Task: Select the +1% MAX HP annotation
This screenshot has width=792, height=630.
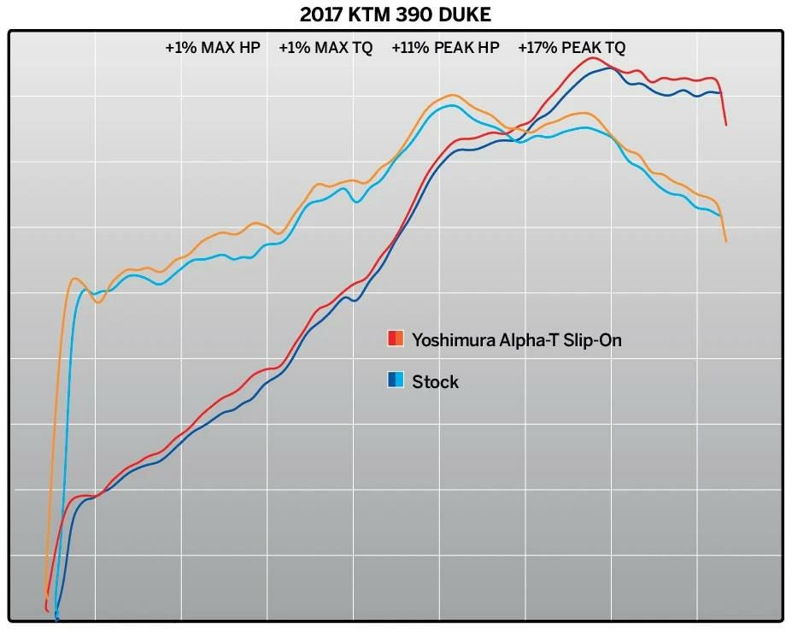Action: pyautogui.click(x=213, y=48)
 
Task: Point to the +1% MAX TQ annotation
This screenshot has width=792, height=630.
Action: pyautogui.click(x=326, y=48)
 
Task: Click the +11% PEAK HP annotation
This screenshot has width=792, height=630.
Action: pyautogui.click(x=445, y=48)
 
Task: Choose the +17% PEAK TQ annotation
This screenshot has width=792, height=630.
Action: pyautogui.click(x=572, y=48)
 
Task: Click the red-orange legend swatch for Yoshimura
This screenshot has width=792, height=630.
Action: pyautogui.click(x=396, y=339)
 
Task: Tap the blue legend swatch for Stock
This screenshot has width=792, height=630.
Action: pyautogui.click(x=396, y=380)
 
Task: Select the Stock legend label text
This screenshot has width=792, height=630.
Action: pyautogui.click(x=435, y=381)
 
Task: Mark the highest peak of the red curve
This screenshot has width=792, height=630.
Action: pyautogui.click(x=594, y=58)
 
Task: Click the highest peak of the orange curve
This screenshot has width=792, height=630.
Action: pyautogui.click(x=452, y=95)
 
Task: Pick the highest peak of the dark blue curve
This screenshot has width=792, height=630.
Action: pyautogui.click(x=608, y=68)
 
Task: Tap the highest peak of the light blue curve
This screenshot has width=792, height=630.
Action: pyautogui.click(x=451, y=105)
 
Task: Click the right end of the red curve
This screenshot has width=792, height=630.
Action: pyautogui.click(x=726, y=125)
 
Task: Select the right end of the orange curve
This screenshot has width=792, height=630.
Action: pyautogui.click(x=726, y=241)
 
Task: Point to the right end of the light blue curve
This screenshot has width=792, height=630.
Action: pyautogui.click(x=720, y=215)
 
